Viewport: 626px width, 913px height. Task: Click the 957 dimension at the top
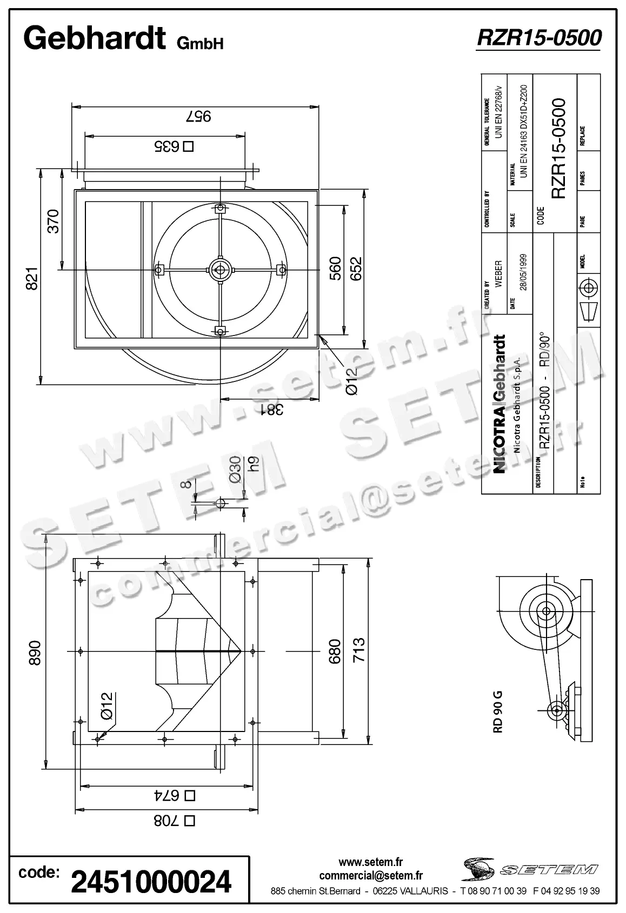198,116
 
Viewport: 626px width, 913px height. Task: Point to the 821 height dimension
32,278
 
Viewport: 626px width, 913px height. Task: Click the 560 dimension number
335,268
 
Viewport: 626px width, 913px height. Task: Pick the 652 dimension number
356,268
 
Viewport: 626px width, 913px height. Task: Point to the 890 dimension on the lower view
35,653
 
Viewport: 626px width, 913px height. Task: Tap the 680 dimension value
335,651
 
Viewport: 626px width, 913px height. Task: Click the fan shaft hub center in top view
220,268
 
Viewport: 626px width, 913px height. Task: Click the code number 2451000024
151,882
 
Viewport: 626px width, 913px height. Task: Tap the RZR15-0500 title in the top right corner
538,38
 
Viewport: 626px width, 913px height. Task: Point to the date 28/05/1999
523,272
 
